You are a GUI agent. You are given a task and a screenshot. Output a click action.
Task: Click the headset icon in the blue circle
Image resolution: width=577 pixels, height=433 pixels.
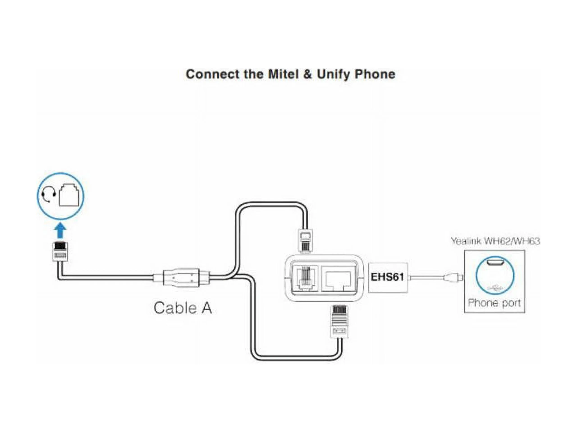point(48,195)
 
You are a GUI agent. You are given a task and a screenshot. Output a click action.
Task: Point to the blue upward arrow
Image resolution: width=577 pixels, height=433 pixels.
point(60,230)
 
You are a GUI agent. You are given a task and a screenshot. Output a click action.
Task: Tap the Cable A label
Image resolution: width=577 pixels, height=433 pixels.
point(183,308)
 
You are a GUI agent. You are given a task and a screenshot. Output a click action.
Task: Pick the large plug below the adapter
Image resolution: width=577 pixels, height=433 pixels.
point(339,322)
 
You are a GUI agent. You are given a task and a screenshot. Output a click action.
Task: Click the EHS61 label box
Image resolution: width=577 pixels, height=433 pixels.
point(387,277)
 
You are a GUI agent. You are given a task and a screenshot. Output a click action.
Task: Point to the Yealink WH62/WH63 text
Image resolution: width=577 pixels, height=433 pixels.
point(495,241)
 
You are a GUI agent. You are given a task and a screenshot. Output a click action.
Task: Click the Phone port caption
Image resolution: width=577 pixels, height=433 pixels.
point(494,303)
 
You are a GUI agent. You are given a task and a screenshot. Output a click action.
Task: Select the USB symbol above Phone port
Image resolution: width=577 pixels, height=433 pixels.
point(495,288)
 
